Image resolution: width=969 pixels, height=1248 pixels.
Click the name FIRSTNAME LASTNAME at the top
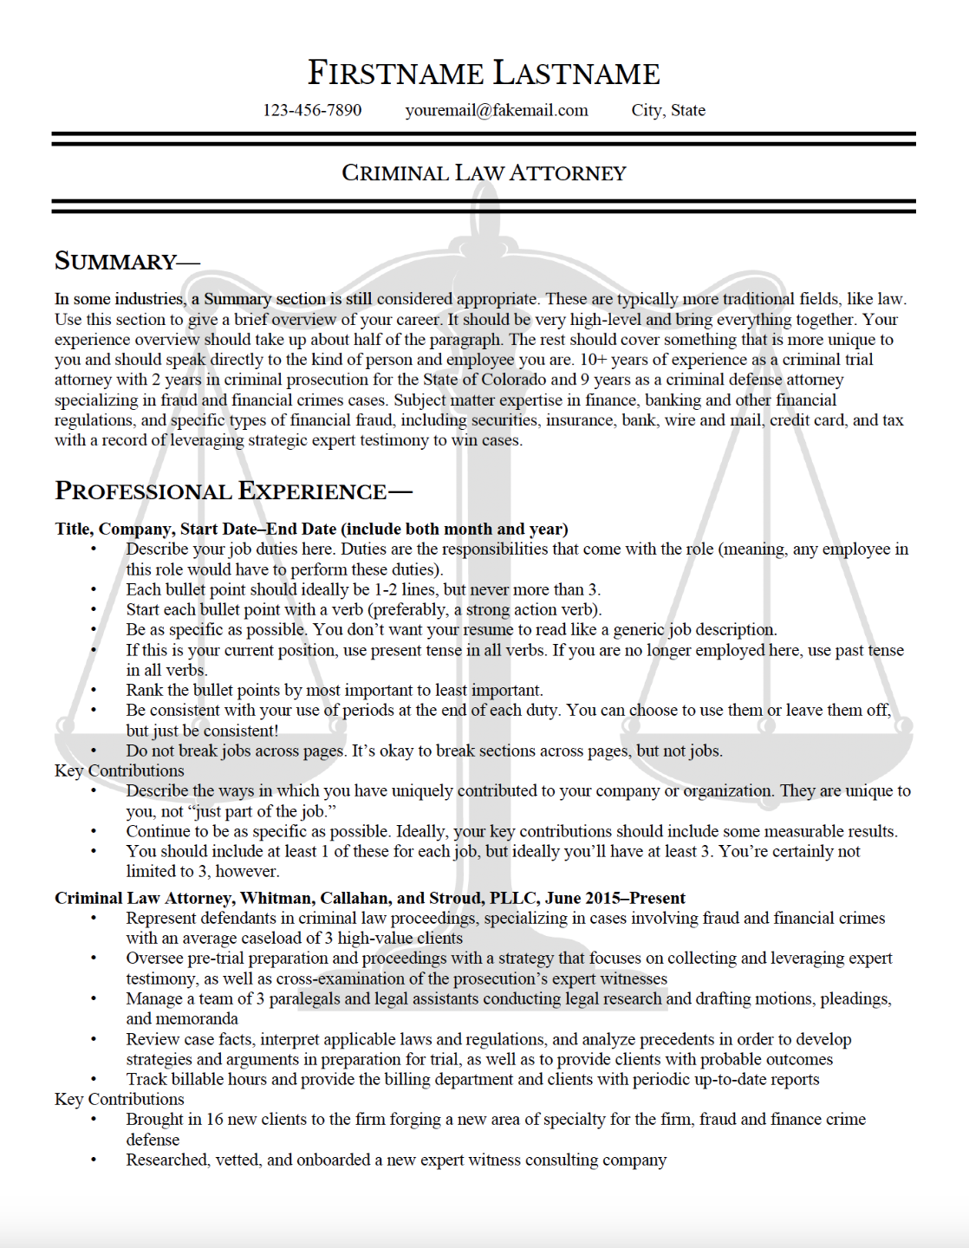pyautogui.click(x=484, y=73)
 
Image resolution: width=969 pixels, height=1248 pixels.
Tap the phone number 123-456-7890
pyautogui.click(x=312, y=110)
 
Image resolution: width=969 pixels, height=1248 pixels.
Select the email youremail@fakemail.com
pyautogui.click(x=497, y=110)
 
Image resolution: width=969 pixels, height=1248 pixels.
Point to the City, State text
pyautogui.click(x=668, y=110)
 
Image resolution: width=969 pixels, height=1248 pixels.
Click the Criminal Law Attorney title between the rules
pyautogui.click(x=484, y=172)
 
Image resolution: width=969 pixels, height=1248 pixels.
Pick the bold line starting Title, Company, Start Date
pyautogui.click(x=311, y=529)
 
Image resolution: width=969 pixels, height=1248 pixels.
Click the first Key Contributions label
pyautogui.click(x=120, y=770)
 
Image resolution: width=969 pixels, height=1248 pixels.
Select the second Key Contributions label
pyautogui.click(x=120, y=1099)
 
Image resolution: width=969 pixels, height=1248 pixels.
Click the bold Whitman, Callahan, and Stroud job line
pyautogui.click(x=370, y=898)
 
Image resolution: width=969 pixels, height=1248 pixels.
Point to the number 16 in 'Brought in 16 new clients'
pyautogui.click(x=215, y=1119)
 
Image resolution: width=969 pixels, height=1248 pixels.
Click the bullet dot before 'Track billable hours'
pyautogui.click(x=94, y=1080)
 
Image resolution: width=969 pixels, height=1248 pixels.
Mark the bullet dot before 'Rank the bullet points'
pyautogui.click(x=94, y=691)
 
